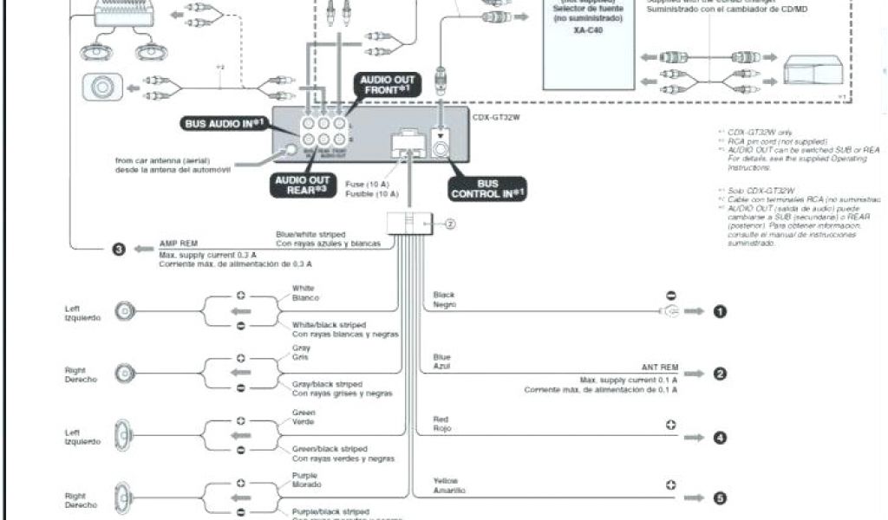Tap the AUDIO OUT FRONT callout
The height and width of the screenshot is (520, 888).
(388, 85)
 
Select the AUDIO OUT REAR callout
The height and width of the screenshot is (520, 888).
(302, 185)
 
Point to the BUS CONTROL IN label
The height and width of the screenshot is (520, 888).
(487, 188)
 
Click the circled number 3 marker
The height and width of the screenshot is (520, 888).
(119, 250)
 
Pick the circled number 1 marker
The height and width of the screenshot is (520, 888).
(719, 311)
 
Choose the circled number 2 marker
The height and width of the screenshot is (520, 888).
(719, 374)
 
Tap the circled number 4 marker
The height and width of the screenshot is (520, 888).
(719, 437)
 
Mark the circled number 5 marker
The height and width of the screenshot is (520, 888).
(719, 498)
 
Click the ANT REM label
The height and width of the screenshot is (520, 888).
(658, 367)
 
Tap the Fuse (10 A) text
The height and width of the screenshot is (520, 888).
(367, 185)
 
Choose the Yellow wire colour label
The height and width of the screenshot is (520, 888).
(445, 480)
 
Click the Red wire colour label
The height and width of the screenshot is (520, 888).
(441, 419)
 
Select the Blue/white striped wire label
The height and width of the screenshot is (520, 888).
(310, 234)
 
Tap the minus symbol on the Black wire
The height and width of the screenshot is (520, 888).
(670, 295)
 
